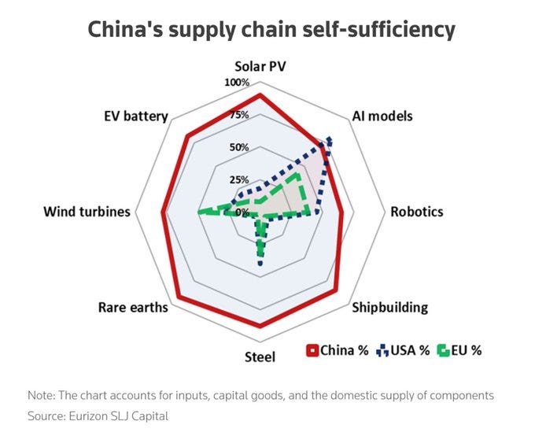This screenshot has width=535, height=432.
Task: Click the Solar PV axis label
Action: pos(260,66)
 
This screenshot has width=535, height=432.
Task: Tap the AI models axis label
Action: pos(381,116)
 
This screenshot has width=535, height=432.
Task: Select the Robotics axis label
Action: pos(417,212)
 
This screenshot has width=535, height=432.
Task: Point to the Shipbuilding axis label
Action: pos(389,307)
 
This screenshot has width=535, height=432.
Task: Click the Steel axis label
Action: pos(260,357)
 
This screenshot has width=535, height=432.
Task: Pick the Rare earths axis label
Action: pos(133,307)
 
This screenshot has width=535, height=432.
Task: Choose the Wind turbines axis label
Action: pos(87,212)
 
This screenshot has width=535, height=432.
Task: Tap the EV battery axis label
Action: pos(135,116)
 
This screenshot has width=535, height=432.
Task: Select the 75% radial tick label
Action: pos(238,115)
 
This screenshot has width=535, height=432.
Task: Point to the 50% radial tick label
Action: pos(238,147)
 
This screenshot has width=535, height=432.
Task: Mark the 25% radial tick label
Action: pos(238,179)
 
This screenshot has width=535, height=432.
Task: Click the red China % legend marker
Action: pos(312,350)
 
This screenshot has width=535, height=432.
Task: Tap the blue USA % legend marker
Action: pos(382,350)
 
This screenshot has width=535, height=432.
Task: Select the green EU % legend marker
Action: pos(442,350)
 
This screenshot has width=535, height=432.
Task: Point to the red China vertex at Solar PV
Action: pos(260,95)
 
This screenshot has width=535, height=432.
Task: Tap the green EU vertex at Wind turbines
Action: pos(197,212)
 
